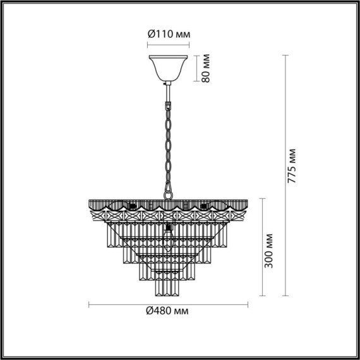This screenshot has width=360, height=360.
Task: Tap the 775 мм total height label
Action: pyautogui.click(x=291, y=166)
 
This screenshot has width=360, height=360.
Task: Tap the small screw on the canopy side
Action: pyautogui.click(x=163, y=82)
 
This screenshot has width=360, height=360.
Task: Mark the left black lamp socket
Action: pyautogui.click(x=132, y=207)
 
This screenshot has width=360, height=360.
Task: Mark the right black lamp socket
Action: pyautogui.click(x=203, y=207)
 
